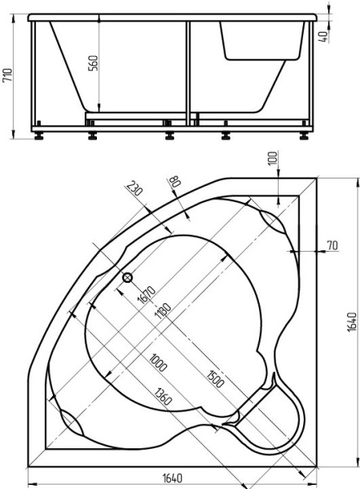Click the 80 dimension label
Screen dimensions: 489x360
(x=172, y=181)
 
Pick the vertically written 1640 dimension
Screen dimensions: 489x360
(x=352, y=320)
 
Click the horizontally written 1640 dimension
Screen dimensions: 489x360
(x=172, y=480)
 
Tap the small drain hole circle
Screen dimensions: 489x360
(x=128, y=278)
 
